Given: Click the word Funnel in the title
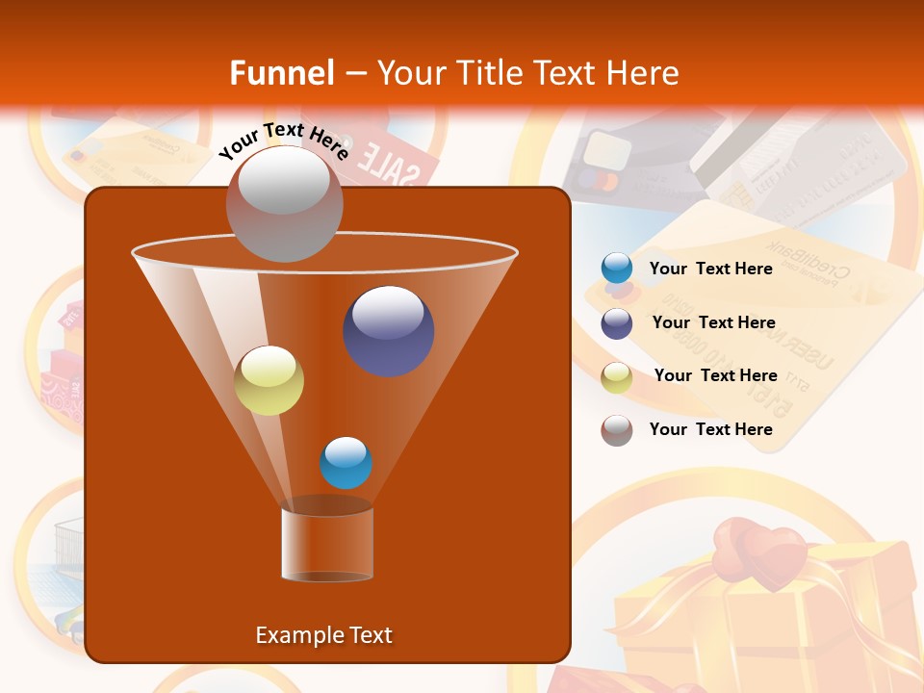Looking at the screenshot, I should [281, 73].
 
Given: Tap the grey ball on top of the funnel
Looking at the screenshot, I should [284, 203].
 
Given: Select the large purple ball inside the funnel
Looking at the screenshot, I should [389, 330].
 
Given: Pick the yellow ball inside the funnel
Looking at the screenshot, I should [269, 380].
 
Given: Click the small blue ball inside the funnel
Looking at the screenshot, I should [346, 463].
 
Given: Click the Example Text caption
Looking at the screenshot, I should [323, 635].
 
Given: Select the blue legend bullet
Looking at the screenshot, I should [617, 269].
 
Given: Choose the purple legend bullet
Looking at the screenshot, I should [617, 323].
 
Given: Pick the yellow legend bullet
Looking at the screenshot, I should [617, 377].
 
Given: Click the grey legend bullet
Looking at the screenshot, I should [617, 430].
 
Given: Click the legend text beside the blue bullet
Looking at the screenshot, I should [711, 269].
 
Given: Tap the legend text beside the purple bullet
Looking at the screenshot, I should [713, 322].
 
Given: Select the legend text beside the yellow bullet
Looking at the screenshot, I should [715, 375].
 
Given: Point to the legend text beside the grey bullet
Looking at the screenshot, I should [711, 429].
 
